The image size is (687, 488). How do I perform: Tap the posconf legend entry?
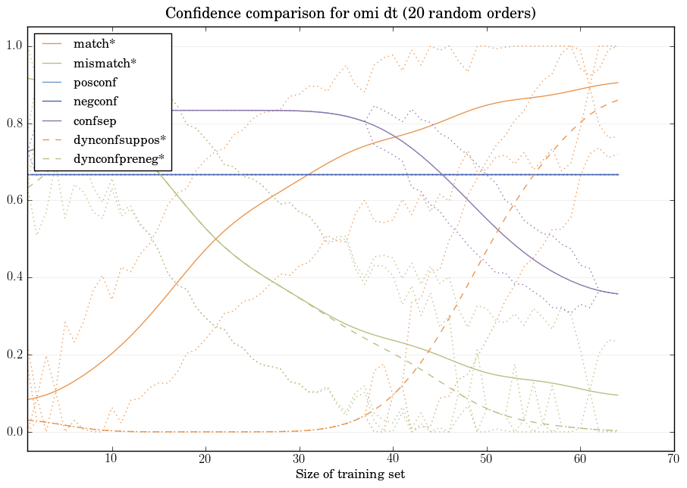[x=95, y=82]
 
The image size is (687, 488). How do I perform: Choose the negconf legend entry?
[x=96, y=102]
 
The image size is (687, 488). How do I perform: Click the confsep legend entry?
[x=94, y=120]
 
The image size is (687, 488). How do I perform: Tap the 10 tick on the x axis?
[x=111, y=459]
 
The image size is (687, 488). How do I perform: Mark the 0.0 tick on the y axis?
[x=15, y=433]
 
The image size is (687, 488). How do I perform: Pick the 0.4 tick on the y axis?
[x=15, y=278]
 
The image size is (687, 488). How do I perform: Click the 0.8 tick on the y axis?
[x=15, y=124]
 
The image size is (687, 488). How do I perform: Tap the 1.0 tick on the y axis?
[x=15, y=46]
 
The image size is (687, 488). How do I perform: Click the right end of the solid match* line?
[x=618, y=83]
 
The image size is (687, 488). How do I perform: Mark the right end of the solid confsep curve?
[x=618, y=294]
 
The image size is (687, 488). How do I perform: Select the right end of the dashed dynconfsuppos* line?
[x=618, y=100]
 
